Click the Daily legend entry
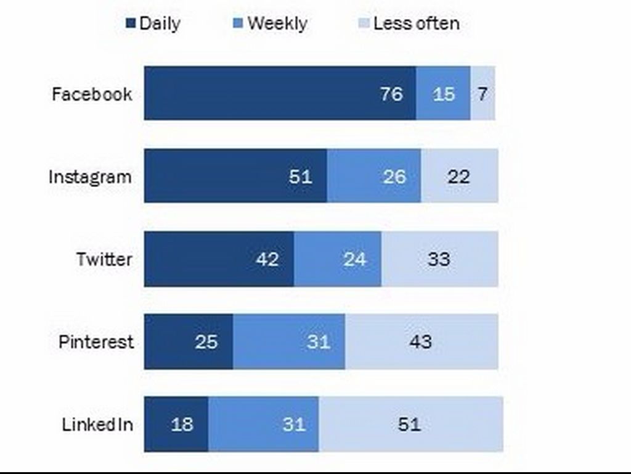coord(153,24)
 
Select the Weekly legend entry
coord(271,24)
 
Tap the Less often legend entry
coord(409,24)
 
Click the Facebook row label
coord(92,94)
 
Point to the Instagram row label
coord(90,177)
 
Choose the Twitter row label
coord(104,259)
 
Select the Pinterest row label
coord(96,342)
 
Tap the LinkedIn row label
coord(97,425)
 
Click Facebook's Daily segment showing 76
coord(280,93)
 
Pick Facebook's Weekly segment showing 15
coord(443,93)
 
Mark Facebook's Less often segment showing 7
coord(482,93)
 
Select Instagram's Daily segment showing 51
coord(235,176)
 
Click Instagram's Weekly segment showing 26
coord(374,176)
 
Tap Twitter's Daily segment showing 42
coord(219,259)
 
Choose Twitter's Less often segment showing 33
coord(439,259)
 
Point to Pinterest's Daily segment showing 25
coord(189,341)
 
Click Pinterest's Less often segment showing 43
coord(421,341)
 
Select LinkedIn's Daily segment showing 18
coord(176,425)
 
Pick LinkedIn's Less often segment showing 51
coord(410,425)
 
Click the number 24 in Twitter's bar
coord(355,259)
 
